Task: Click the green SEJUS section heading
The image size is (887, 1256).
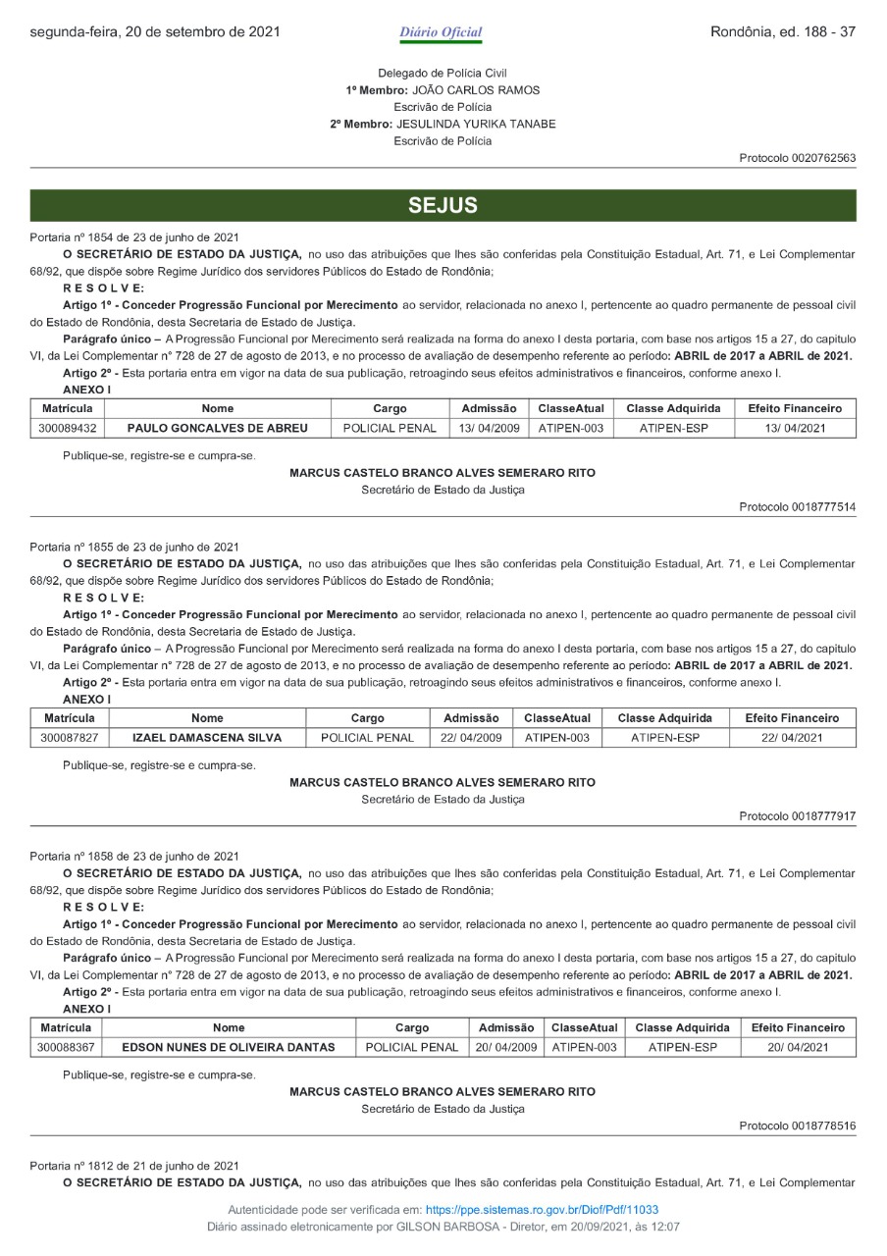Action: (443, 205)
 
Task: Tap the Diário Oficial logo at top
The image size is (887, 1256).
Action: (441, 32)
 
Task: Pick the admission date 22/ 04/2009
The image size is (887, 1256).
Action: (465, 737)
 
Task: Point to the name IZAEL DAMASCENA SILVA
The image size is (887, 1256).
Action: (207, 737)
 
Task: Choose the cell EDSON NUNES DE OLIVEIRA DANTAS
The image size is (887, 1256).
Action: (229, 1047)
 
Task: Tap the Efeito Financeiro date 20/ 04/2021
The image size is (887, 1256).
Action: (798, 1047)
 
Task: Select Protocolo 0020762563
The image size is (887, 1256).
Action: (798, 158)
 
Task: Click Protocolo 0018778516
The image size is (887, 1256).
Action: (798, 1125)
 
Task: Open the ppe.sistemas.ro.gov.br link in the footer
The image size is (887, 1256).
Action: (542, 1210)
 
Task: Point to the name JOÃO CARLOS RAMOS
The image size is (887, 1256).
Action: (476, 90)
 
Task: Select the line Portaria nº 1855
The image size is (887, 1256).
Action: (134, 547)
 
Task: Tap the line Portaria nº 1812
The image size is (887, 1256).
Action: (134, 1165)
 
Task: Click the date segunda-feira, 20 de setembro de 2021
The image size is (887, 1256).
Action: (155, 32)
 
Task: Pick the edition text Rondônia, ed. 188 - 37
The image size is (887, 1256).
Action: (783, 32)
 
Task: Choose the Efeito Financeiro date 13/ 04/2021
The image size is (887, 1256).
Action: (794, 428)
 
